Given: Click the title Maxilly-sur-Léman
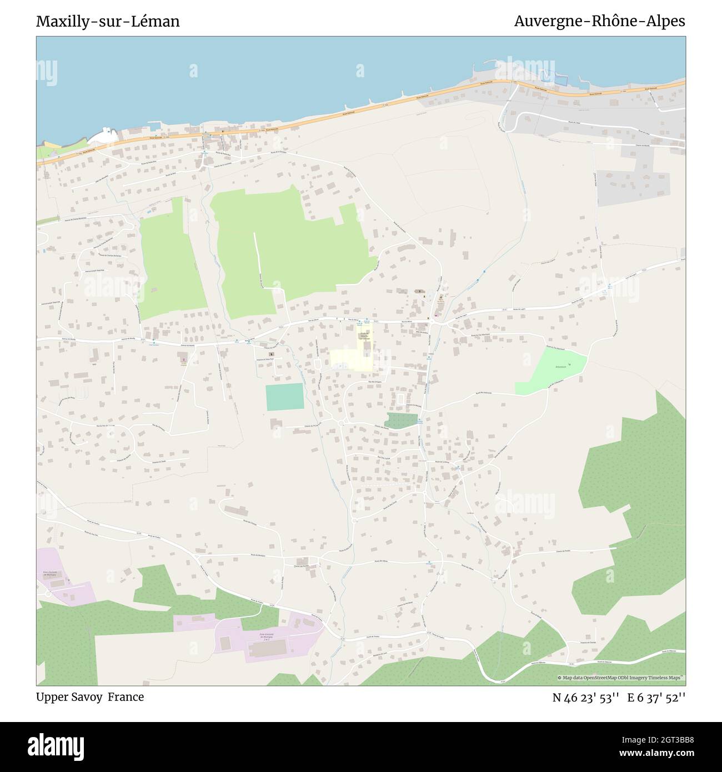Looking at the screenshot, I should tap(108, 22).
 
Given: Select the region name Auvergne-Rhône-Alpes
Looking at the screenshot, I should tap(599, 22).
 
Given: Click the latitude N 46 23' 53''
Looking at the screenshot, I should tap(585, 698).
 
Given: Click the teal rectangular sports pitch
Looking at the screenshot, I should tap(285, 397).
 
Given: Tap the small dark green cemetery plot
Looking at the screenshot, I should tap(401, 420).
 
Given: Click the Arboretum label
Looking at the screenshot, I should tap(559, 367).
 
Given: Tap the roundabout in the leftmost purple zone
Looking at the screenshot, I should tap(48, 594).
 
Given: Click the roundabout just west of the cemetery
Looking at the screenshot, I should tap(340, 423).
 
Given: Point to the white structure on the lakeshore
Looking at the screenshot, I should tap(106, 135).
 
